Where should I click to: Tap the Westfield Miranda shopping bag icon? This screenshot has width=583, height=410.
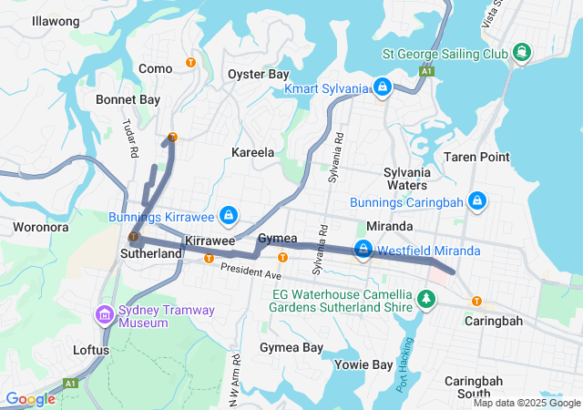pos(363,250)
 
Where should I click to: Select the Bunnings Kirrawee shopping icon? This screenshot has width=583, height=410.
pos(230,216)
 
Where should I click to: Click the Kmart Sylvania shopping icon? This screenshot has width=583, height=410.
pos(384,87)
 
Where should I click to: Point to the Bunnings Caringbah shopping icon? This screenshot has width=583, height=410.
pos(476,200)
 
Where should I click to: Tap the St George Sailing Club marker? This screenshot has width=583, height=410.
pos(522,52)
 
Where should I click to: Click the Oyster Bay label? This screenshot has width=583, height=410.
pos(259,74)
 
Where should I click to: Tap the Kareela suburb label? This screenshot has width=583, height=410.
pos(253,152)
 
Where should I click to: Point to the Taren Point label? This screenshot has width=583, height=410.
pos(476,157)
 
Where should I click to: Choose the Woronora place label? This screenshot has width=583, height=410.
pos(41,226)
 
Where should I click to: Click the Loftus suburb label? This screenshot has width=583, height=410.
pos(91,349)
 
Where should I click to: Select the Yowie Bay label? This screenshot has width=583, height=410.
pos(363,364)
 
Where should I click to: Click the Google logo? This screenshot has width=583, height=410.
pos(31,399)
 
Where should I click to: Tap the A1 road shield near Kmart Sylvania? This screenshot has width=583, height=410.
pos(425,70)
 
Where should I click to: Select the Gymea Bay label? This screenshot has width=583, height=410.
pos(291,348)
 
